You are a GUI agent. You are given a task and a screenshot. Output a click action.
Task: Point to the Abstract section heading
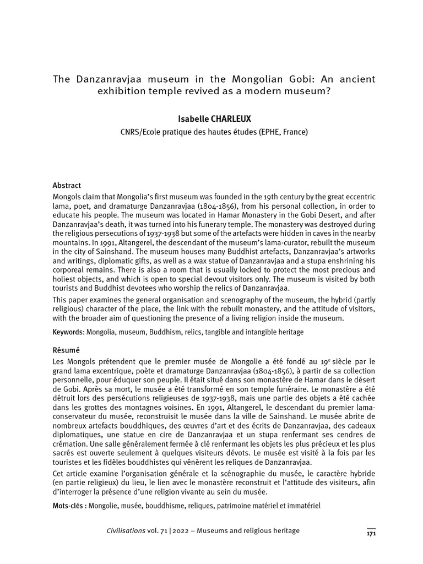coord(67,186)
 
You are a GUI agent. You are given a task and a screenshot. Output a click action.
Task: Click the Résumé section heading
coord(66,349)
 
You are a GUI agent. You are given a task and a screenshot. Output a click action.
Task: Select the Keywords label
coord(68,333)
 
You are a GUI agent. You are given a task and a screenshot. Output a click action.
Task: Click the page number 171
coord(371,533)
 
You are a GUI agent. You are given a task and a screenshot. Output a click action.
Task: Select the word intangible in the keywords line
coord(259,333)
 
